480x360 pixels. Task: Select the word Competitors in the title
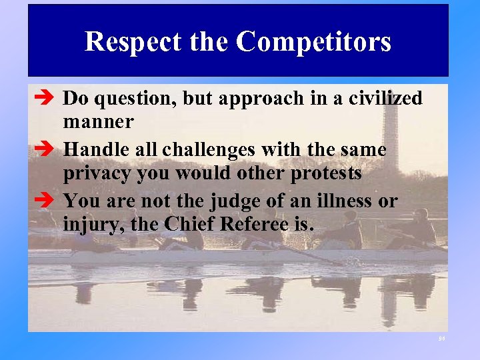click(313, 41)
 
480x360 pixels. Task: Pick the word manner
click(98, 123)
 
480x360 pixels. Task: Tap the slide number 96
click(441, 339)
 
